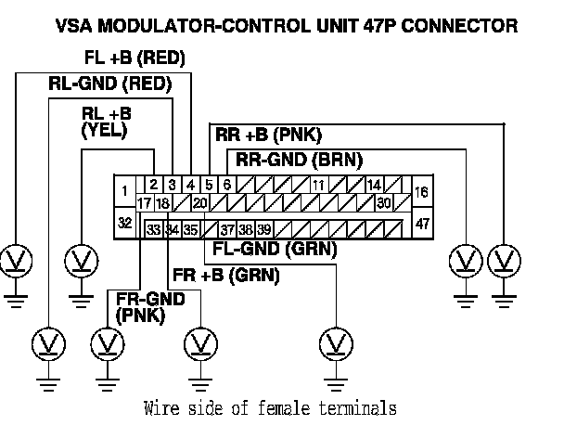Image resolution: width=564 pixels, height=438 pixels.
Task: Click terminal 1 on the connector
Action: [x=124, y=191]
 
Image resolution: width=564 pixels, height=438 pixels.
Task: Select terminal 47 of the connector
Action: [x=423, y=225]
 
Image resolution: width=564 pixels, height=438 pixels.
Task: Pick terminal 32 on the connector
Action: [x=124, y=224]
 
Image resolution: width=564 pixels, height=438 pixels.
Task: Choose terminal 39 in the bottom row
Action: [x=264, y=228]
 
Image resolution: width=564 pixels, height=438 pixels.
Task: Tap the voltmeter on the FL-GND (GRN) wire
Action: [x=332, y=343]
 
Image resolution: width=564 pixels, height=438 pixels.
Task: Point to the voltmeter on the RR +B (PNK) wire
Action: [x=504, y=257]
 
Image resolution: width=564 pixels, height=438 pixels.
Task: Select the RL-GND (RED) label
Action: [x=109, y=84]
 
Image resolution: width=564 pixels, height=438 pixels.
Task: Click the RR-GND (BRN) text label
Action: [x=299, y=159]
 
